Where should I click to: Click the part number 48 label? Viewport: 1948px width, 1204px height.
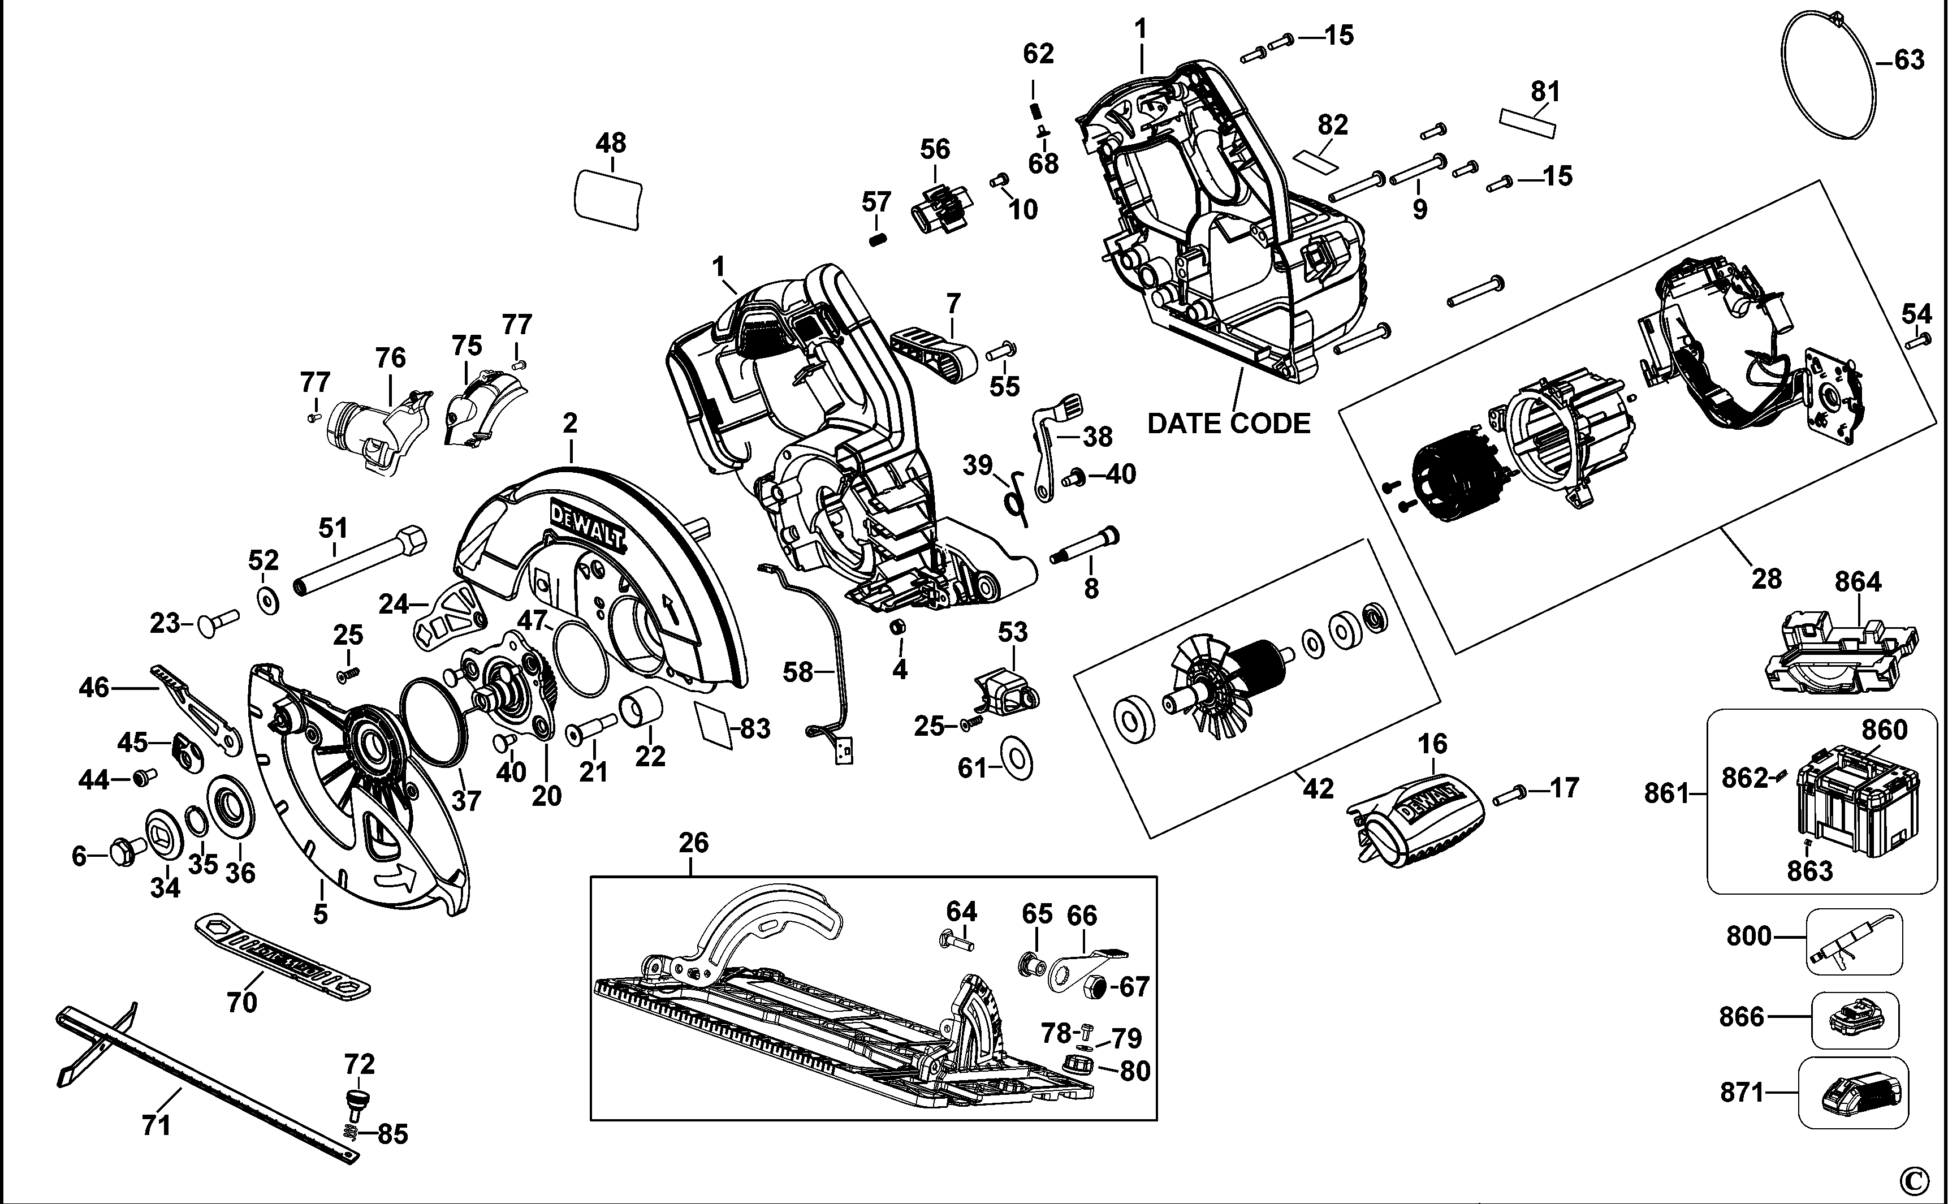click(x=611, y=143)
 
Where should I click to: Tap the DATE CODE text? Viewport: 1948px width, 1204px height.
click(x=1228, y=424)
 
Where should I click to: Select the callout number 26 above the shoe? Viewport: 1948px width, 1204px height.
click(x=693, y=843)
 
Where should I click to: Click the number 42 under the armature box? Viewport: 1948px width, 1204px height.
click(x=1317, y=788)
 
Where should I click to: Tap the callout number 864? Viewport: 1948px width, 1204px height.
click(x=1858, y=582)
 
